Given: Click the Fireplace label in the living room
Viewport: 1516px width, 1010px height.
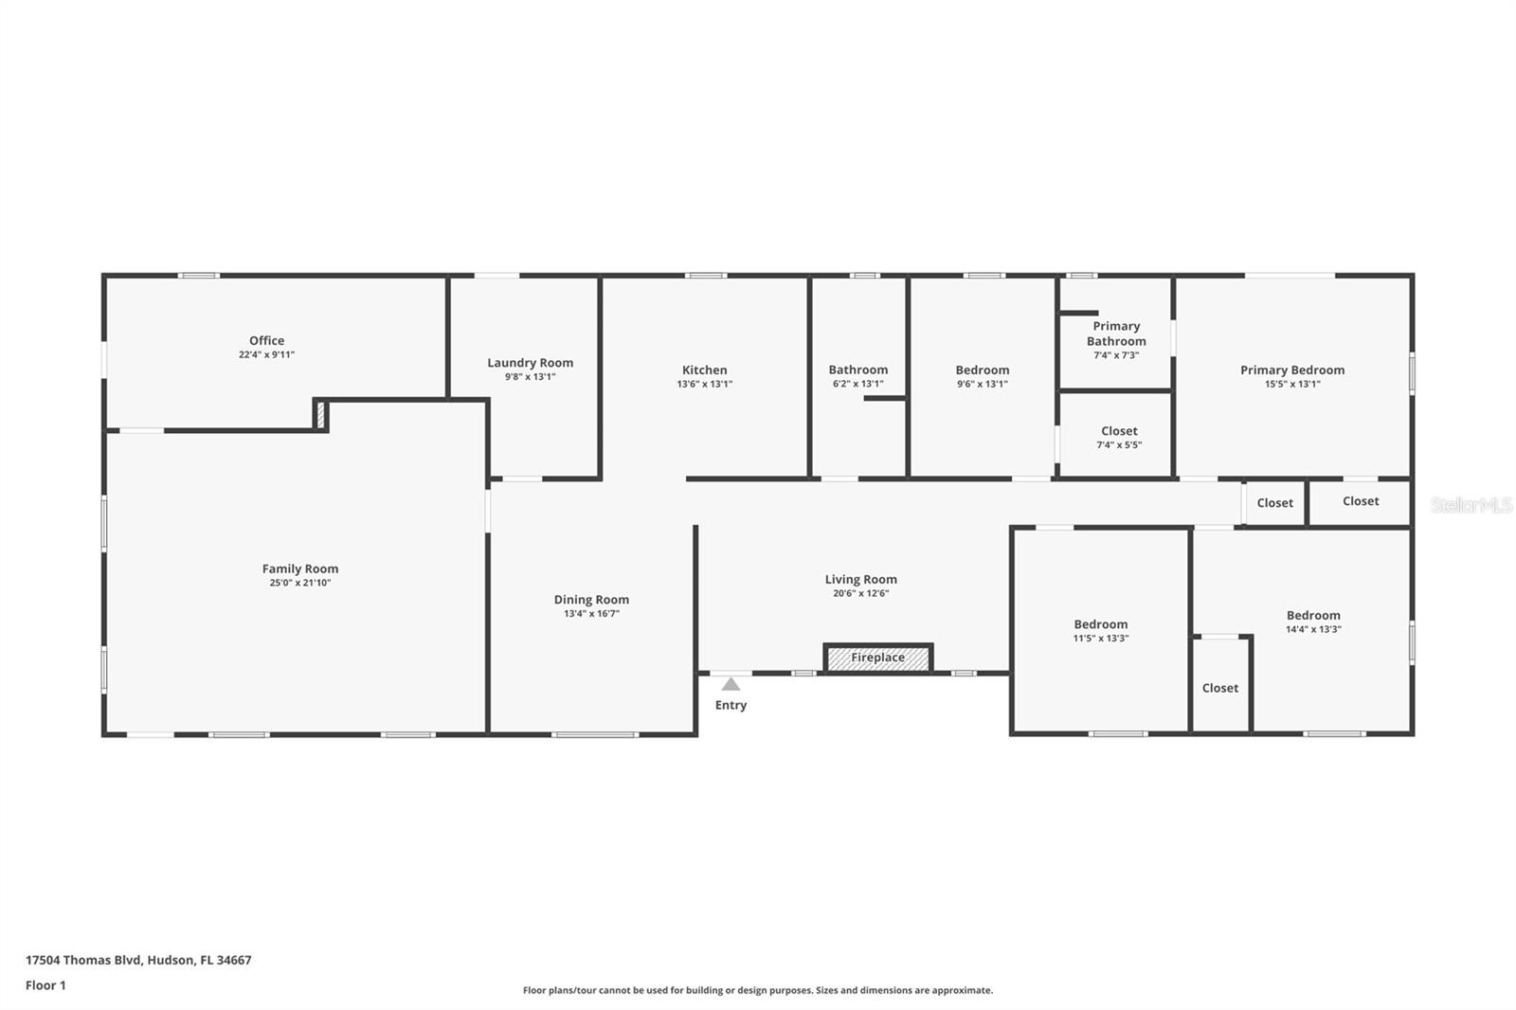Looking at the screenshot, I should click(877, 658).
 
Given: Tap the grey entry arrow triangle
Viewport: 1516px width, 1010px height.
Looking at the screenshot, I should click(731, 684).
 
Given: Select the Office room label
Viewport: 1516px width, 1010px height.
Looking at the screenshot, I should click(266, 340).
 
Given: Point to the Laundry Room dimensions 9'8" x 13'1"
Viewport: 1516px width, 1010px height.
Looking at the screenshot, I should click(530, 377).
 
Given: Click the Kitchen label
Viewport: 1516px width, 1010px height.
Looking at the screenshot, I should click(704, 370).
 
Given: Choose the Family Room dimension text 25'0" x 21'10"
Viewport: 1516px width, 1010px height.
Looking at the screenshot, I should click(299, 583).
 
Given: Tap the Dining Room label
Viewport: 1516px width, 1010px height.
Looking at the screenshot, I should click(591, 599).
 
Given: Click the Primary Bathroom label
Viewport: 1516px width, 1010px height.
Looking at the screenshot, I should click(1116, 334).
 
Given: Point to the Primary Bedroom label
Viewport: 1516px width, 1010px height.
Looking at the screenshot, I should click(1291, 370).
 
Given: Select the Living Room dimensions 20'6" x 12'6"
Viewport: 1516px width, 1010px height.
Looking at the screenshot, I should click(860, 594).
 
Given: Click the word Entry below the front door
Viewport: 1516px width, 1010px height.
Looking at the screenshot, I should click(731, 705).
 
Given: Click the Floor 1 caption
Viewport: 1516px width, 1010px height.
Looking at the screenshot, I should click(45, 985).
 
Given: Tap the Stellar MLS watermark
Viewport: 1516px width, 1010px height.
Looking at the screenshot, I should click(1471, 505).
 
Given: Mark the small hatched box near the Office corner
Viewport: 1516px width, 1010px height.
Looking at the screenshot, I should click(320, 415).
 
